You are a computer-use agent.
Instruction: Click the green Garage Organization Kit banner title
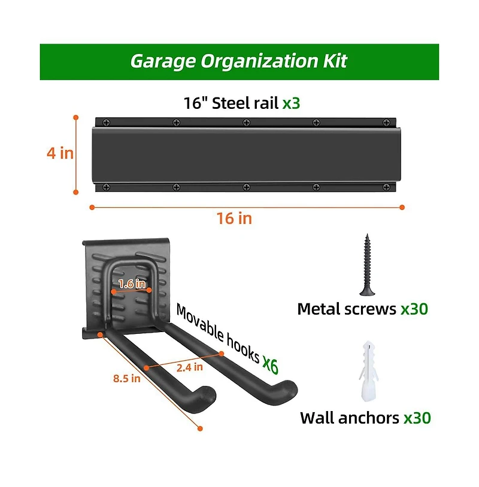tap(238, 61)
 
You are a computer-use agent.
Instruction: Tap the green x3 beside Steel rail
tap(291, 103)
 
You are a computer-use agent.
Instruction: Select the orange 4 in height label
tap(60, 153)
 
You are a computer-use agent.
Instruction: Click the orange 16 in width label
tap(234, 218)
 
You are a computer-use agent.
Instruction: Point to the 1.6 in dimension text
tap(132, 283)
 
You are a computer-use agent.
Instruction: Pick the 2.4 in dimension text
tap(190, 367)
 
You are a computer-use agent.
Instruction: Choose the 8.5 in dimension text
tap(127, 378)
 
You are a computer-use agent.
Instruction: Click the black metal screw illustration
tap(368, 264)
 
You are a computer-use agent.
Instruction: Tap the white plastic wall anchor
tap(369, 371)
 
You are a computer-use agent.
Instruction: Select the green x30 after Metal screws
tap(414, 309)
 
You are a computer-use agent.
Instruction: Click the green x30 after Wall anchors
tap(417, 418)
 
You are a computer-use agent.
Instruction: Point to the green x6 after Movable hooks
tap(270, 364)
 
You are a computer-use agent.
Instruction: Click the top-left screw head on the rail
tap(107, 123)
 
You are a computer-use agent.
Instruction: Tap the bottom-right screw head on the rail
tap(386, 187)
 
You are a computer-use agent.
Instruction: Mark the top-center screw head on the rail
tap(246, 123)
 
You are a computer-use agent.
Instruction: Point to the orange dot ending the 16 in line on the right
tap(402, 207)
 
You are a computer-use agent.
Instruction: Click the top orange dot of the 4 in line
tap(76, 117)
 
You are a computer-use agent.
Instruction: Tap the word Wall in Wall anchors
tap(317, 418)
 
